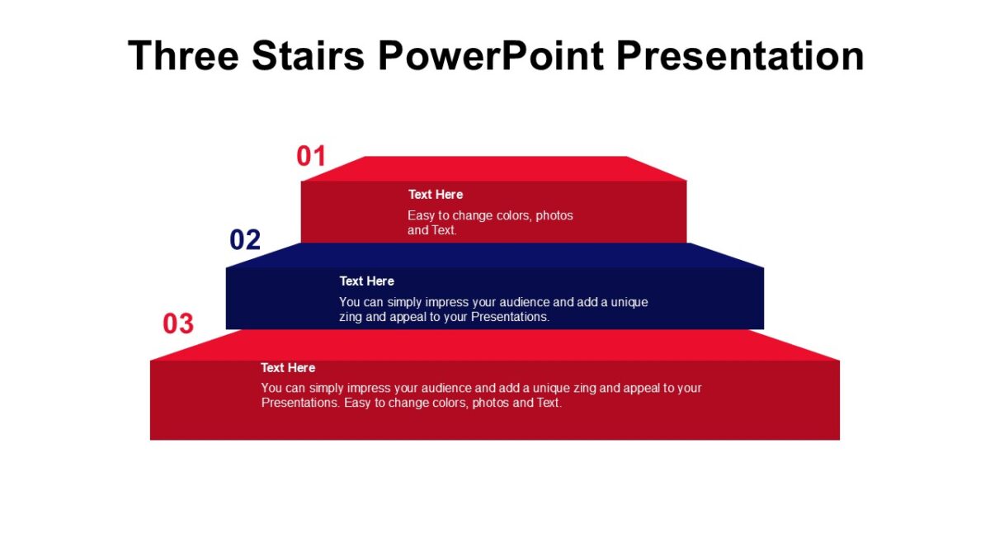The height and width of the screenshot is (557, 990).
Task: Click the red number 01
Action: [x=312, y=156]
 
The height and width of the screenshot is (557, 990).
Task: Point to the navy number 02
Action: [x=245, y=240]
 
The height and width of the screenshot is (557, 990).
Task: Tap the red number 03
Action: [x=178, y=324]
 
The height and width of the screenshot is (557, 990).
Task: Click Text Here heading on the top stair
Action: [x=436, y=195]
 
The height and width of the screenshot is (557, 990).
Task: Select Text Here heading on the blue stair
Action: [x=367, y=281]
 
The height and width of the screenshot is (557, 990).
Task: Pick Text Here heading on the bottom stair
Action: [x=288, y=368]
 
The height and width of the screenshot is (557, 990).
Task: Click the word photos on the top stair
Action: [x=554, y=215]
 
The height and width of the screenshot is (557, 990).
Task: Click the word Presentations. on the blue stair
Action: [x=510, y=317]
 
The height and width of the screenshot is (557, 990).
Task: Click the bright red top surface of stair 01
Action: [x=495, y=168]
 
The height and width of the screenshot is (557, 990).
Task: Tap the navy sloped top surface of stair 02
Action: [x=495, y=255]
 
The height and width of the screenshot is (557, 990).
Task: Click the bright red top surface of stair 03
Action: [x=495, y=345]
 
